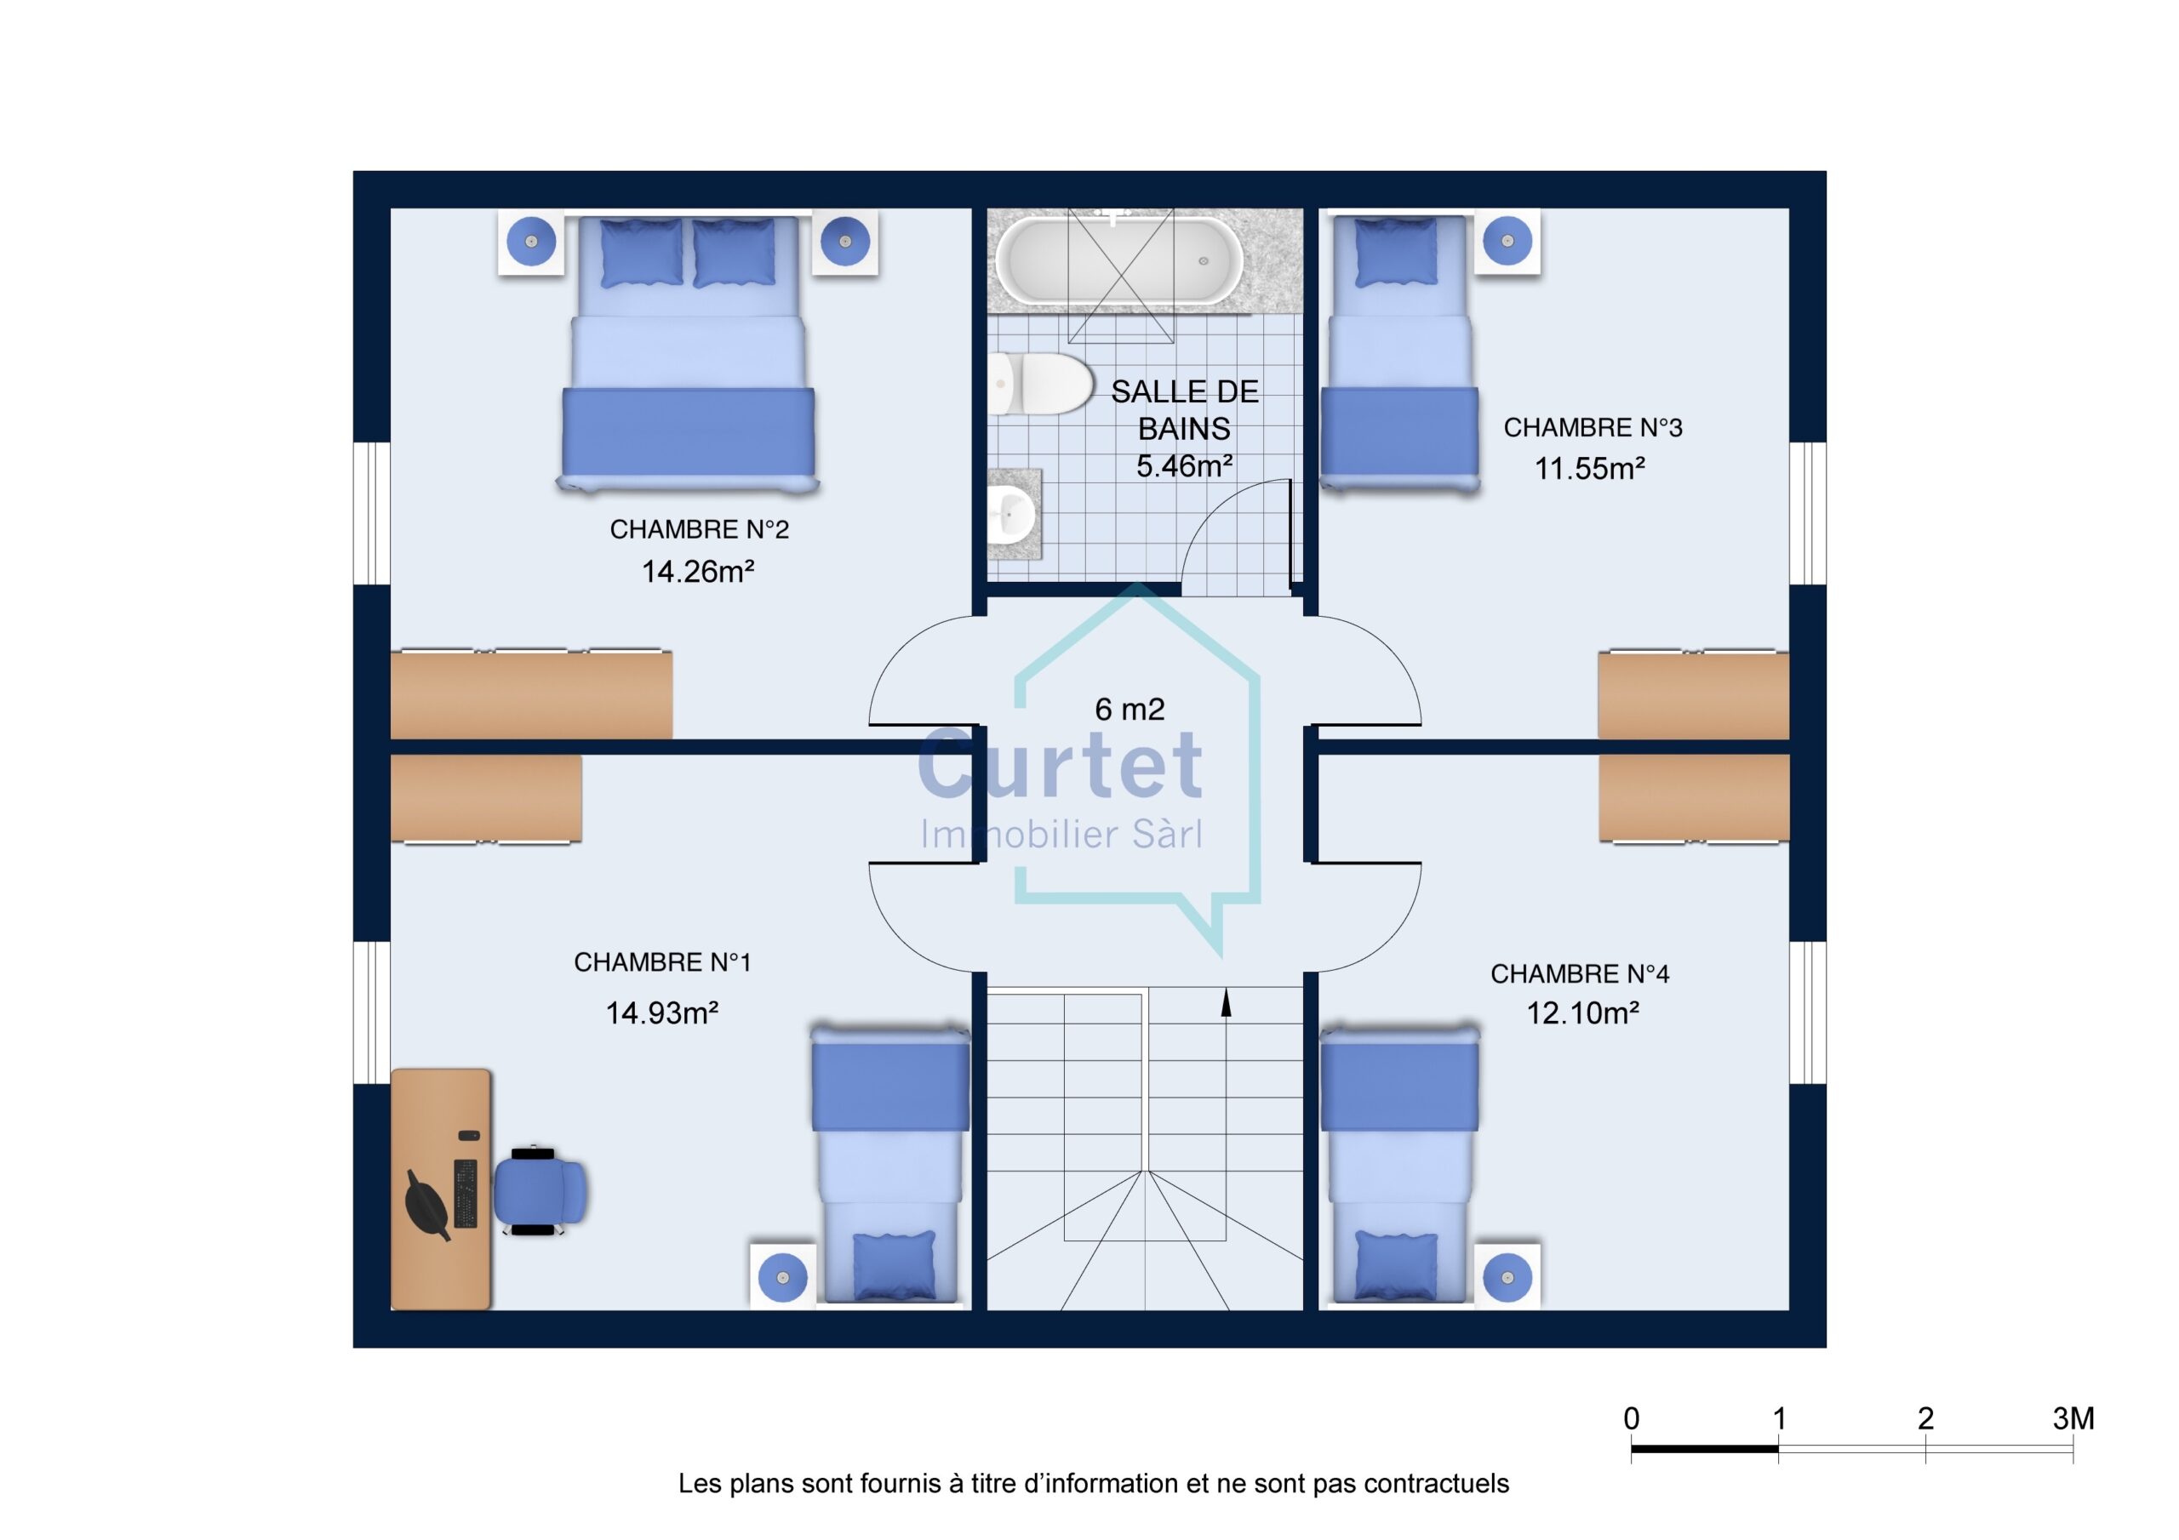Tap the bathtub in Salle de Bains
(1120, 260)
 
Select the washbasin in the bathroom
(1013, 514)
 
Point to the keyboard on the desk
(465, 1193)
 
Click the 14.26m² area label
(698, 571)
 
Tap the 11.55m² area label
(1590, 468)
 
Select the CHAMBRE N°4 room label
(1579, 973)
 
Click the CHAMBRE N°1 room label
(662, 962)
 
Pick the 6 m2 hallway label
(1130, 709)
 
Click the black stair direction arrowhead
(1227, 1003)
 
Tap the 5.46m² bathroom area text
(1184, 466)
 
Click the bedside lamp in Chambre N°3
(1507, 241)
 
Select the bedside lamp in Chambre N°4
(1507, 1276)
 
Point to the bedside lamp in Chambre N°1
(783, 1277)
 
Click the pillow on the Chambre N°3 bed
(1395, 253)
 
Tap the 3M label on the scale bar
(2073, 1418)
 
